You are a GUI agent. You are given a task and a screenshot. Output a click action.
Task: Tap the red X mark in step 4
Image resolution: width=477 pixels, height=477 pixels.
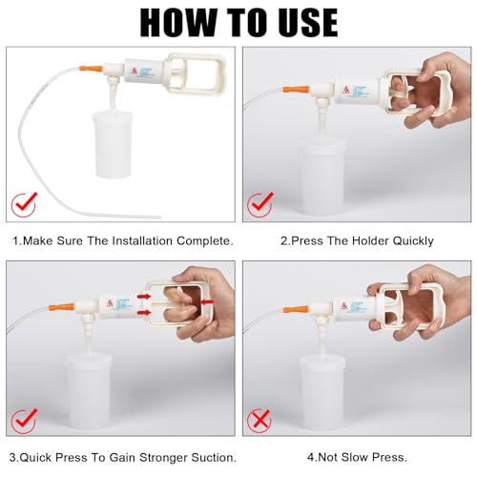[259, 421]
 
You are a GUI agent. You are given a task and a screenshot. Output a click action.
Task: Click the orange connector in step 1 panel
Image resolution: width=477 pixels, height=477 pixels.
[91, 69]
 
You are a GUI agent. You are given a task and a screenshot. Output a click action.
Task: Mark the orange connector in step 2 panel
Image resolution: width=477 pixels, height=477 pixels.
[300, 93]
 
